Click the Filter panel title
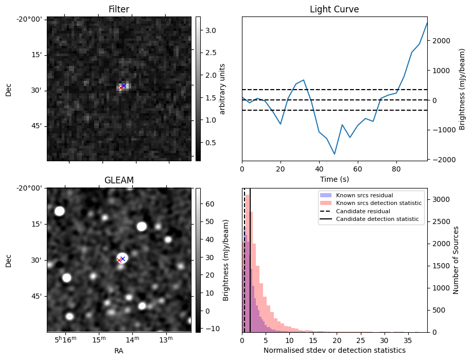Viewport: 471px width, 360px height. coord(118,9)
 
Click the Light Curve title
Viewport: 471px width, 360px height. coord(334,9)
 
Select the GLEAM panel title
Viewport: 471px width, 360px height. coord(118,180)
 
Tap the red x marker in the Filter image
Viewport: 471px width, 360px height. coord(120,88)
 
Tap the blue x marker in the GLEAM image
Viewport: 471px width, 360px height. coord(123,259)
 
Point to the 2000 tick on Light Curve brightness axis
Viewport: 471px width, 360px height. coord(444,41)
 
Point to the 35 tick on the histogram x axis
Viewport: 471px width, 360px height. coord(407,340)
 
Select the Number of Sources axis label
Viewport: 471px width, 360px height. coord(456,260)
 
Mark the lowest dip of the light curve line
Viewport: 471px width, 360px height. coord(335,154)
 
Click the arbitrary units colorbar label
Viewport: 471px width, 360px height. coord(222,89)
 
